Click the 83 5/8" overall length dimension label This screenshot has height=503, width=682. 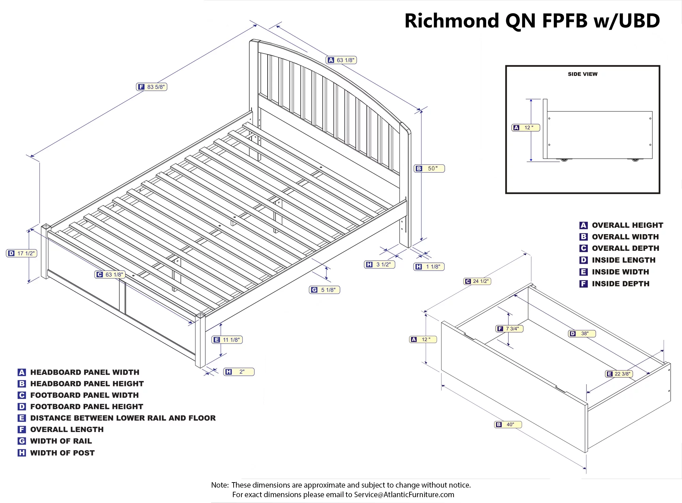click(152, 87)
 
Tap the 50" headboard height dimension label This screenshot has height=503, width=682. click(429, 169)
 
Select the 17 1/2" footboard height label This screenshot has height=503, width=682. click(21, 253)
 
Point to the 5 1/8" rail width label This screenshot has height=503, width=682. click(324, 290)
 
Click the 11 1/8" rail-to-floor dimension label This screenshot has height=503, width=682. click(227, 340)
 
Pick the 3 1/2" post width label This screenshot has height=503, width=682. click(380, 264)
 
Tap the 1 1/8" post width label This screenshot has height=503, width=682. click(429, 267)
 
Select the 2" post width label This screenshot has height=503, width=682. click(239, 372)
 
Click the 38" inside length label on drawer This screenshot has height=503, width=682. click(582, 334)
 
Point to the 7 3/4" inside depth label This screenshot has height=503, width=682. click(509, 329)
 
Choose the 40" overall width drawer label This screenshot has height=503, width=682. click(508, 425)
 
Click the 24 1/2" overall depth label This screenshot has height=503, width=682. click(477, 281)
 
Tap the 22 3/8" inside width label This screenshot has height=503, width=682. click(619, 374)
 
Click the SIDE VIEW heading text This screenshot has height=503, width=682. click(582, 74)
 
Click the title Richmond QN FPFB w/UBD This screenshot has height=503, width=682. click(532, 21)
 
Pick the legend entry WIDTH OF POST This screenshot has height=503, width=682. click(62, 453)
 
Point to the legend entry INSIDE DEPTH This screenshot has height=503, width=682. click(620, 284)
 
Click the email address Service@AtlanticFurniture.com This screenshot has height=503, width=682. click(404, 494)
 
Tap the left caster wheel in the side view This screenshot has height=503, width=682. click(564, 159)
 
